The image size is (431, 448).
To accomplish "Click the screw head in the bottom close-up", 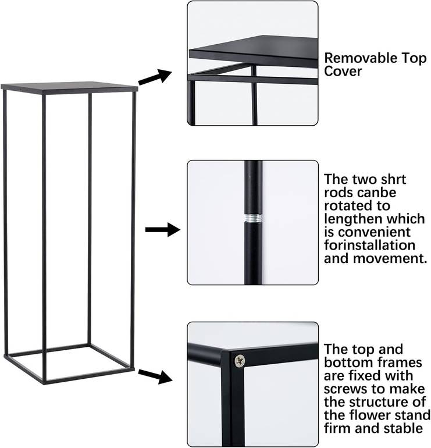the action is (x=240, y=361).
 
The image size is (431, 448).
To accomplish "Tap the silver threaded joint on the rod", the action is (x=253, y=219).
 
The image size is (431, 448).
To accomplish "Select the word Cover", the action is (x=343, y=71).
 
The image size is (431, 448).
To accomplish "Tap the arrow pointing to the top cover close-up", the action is (x=155, y=77).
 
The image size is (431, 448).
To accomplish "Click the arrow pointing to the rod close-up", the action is (x=163, y=229).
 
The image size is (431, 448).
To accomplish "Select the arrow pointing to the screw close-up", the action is (x=155, y=376).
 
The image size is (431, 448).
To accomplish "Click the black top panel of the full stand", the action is (x=69, y=87).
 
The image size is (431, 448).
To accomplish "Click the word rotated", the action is (x=357, y=206).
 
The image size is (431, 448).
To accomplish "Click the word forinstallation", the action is (x=369, y=245).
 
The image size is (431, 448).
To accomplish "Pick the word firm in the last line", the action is (x=338, y=428).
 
